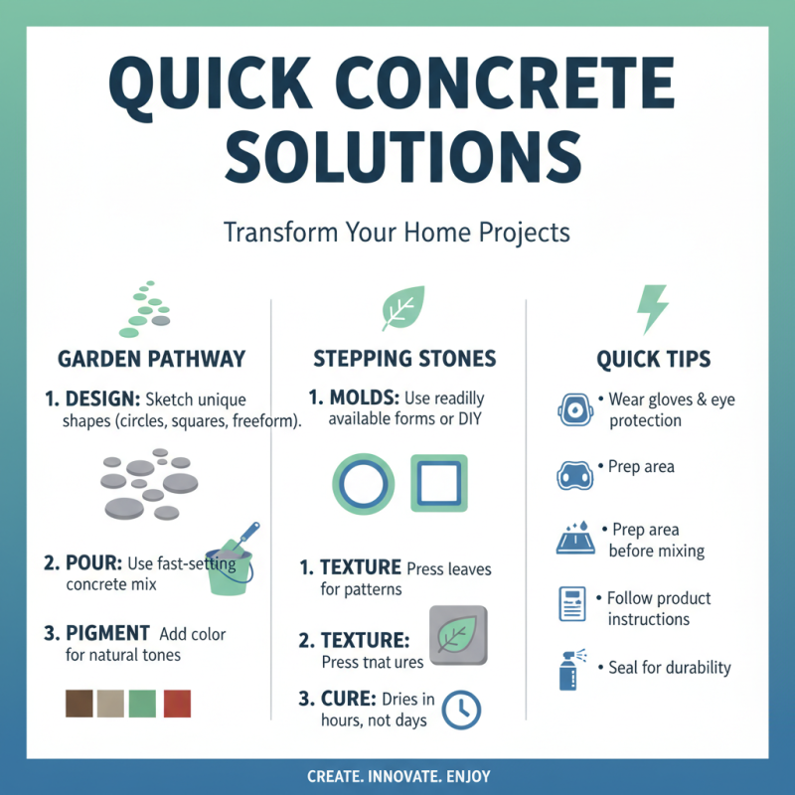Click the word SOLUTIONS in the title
397,157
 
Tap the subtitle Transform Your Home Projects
397,232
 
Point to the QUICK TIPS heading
653,359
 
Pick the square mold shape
438,483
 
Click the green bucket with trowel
231,564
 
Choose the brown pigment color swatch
79,704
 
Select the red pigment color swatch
177,704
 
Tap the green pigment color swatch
144,704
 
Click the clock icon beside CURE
461,708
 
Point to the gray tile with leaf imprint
457,635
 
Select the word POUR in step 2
91,564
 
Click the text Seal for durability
669,667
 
